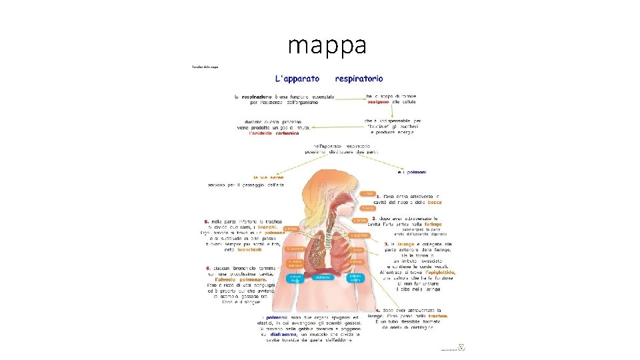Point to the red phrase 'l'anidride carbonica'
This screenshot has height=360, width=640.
coord(274,133)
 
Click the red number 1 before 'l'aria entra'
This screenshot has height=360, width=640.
coord(379,197)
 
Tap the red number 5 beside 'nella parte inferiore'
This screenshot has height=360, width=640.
coord(207,221)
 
